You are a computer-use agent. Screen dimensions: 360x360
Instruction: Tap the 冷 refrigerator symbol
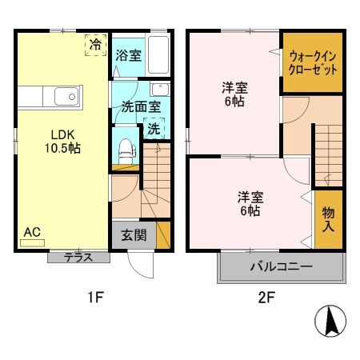pos(95,45)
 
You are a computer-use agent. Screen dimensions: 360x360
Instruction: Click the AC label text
pos(31,232)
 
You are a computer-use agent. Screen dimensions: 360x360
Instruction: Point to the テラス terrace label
pos(78,258)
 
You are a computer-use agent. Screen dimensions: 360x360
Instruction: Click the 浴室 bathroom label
pos(127,57)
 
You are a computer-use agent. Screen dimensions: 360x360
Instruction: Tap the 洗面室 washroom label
pos(140,106)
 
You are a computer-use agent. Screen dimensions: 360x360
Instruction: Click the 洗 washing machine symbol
pos(153,128)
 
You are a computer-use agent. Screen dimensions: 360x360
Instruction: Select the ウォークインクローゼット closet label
pos(313,62)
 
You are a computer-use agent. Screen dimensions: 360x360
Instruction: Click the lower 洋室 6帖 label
pos(250,203)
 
